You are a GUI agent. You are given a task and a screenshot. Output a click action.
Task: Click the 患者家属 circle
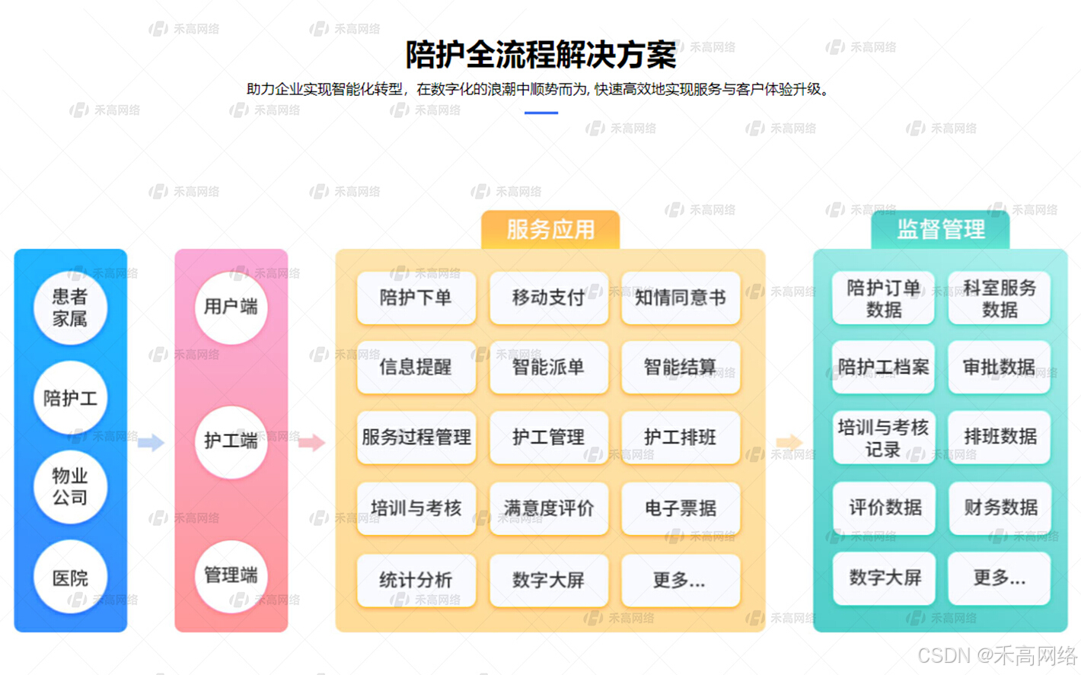[70, 307]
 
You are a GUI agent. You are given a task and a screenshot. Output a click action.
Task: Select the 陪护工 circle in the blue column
[70, 398]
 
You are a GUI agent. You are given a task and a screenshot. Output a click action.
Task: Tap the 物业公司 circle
[70, 487]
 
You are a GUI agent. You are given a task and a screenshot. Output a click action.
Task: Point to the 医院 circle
[70, 578]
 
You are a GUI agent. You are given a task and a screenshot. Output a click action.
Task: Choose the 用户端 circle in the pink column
[231, 307]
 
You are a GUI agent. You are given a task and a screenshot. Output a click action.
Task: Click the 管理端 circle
[231, 575]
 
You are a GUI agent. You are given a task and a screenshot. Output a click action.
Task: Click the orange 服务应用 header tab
[550, 229]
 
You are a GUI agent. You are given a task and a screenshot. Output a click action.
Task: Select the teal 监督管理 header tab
[940, 229]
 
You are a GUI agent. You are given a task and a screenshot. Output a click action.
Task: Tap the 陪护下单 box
[416, 298]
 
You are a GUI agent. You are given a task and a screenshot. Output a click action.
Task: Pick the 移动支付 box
[548, 298]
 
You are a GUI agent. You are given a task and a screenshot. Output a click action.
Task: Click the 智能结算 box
[681, 368]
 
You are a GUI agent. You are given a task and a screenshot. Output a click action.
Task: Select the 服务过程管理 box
[416, 438]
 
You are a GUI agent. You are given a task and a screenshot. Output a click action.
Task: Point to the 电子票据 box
[681, 508]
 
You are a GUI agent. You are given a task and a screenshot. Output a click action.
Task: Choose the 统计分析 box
[416, 580]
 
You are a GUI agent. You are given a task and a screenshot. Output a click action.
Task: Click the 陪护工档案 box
[883, 368]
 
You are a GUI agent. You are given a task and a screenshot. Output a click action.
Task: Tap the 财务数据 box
[1000, 508]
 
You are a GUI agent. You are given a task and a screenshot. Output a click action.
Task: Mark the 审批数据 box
[1000, 368]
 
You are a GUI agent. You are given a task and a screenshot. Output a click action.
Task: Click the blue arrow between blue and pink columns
[151, 442]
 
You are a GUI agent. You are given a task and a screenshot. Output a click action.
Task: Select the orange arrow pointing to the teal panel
[789, 442]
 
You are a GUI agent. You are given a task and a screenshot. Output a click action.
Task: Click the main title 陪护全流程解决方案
[540, 55]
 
